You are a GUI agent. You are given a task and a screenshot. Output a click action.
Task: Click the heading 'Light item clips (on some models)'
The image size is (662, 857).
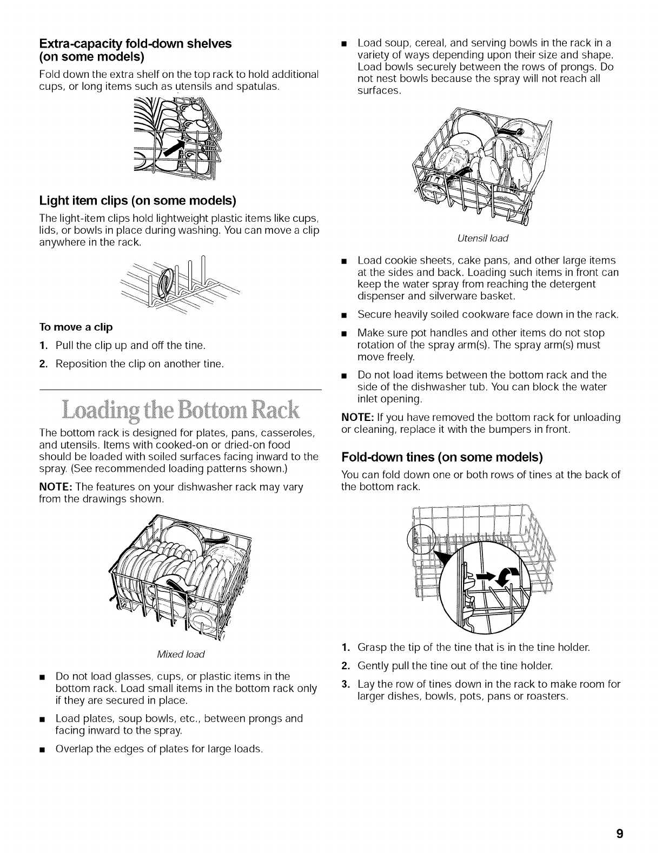138,201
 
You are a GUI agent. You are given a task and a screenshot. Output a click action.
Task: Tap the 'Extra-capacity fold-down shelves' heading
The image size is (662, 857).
135,44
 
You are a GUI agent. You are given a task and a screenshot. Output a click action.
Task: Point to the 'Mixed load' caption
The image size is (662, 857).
180,654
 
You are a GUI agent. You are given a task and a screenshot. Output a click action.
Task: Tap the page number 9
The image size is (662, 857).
619,833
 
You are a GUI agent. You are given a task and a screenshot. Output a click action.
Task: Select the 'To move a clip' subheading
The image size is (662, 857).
76,327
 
